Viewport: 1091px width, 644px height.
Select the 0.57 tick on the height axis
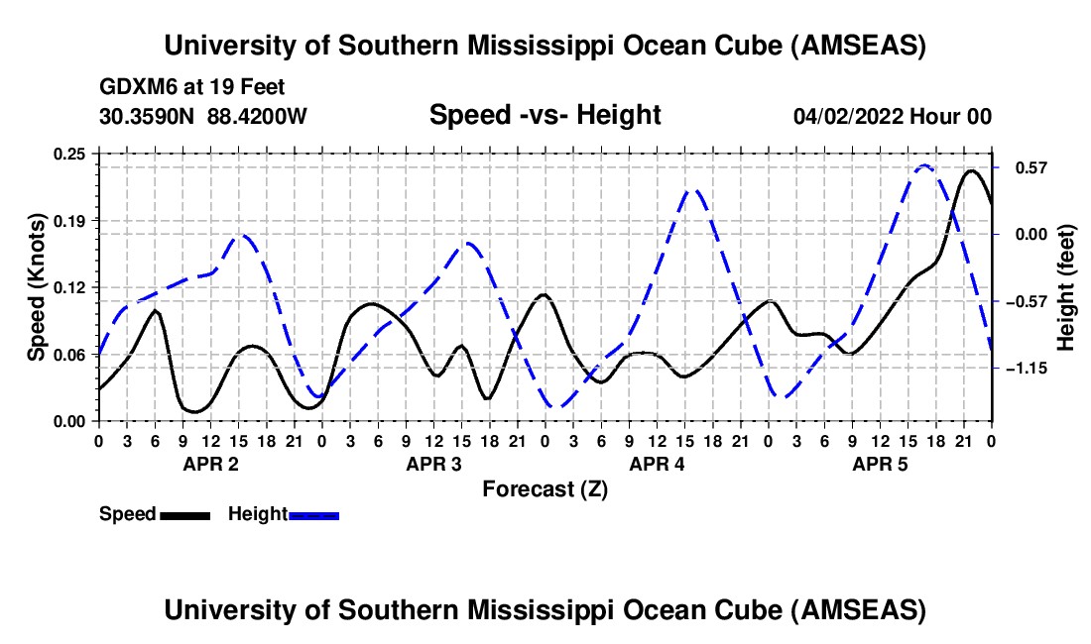click(x=1024, y=167)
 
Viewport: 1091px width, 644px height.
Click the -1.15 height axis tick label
click(x=1024, y=369)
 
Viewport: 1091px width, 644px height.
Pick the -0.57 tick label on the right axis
click(x=1024, y=301)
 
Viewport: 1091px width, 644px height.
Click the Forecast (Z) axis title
click(x=545, y=488)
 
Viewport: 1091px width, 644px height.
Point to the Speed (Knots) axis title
click(x=37, y=286)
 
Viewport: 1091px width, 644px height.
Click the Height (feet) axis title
click(x=1066, y=287)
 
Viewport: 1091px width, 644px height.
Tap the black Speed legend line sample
click(x=184, y=515)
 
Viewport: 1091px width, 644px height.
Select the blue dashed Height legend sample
click(x=313, y=515)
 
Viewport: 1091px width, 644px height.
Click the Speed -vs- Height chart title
click(x=545, y=115)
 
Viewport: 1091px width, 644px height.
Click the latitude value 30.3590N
click(x=148, y=117)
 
